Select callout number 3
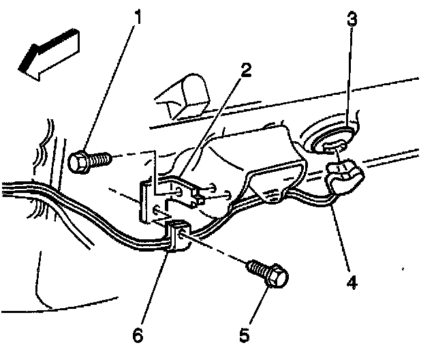(352, 18)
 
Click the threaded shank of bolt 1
(99, 159)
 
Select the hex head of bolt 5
(275, 277)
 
